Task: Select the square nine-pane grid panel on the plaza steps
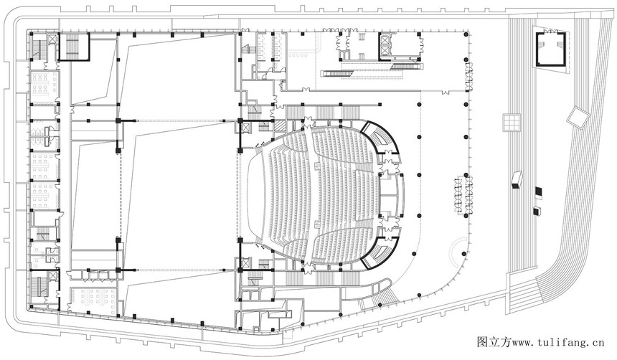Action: [x=511, y=122]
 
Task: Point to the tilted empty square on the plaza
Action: [x=578, y=117]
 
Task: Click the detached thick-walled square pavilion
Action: [x=550, y=49]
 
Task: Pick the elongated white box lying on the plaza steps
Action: [x=517, y=180]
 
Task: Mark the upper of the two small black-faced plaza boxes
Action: [x=538, y=191]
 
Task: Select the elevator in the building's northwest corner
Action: [x=52, y=39]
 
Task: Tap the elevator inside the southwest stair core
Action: [x=53, y=276]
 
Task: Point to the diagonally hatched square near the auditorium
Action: [x=279, y=125]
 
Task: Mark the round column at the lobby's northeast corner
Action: [x=466, y=35]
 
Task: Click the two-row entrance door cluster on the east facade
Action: [x=463, y=196]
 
